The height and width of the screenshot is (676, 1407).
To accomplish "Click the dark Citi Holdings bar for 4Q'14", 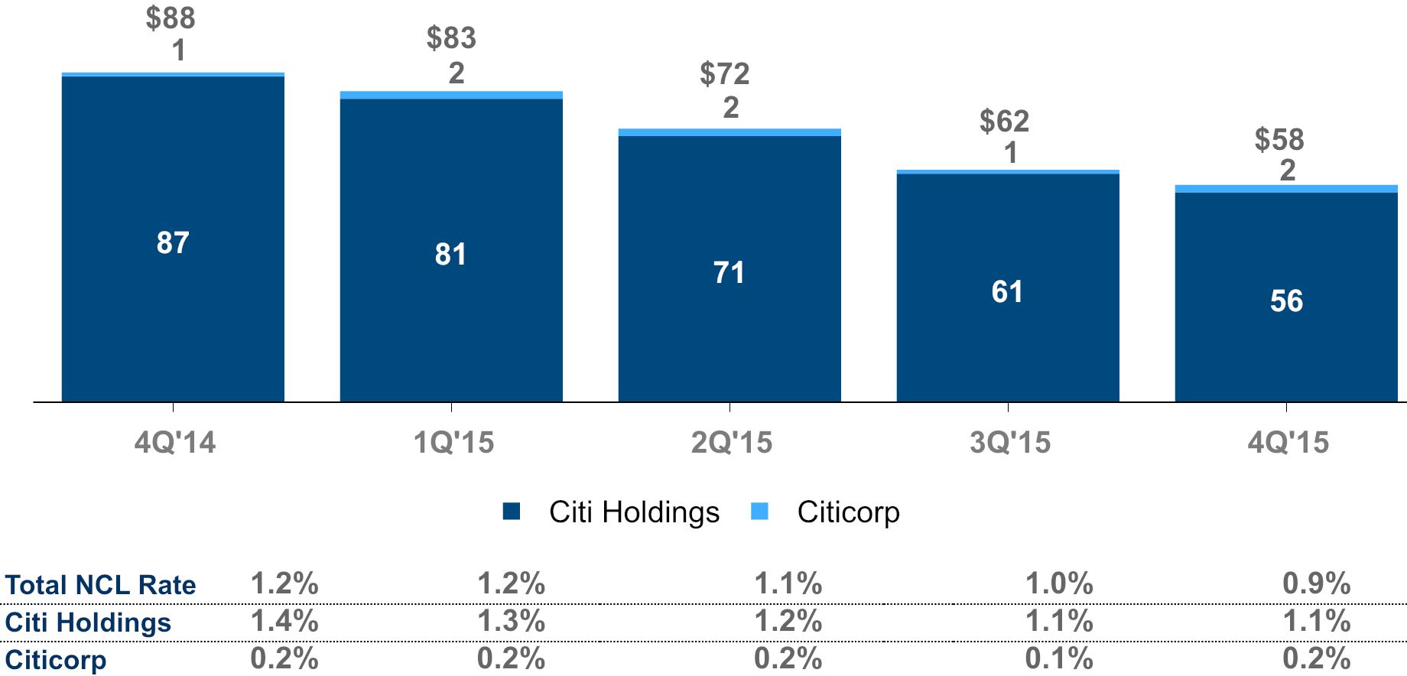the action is (x=173, y=239).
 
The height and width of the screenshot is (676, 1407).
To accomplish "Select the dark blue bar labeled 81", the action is (x=451, y=250).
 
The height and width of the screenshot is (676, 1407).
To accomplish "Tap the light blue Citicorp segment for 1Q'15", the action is (x=451, y=95).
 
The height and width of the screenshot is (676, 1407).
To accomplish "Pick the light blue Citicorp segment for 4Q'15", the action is (x=1286, y=189).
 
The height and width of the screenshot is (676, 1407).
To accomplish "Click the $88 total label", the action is (x=171, y=18).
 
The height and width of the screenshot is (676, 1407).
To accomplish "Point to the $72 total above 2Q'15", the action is (x=724, y=74).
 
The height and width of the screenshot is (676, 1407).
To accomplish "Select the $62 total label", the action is (x=1004, y=121).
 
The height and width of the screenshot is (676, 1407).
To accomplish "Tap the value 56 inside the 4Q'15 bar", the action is (x=1286, y=301).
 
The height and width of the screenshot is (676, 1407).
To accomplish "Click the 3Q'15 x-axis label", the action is (x=1010, y=442).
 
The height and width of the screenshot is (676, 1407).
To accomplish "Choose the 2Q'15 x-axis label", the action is (x=732, y=442).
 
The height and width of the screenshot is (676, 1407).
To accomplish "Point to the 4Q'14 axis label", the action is (x=175, y=442).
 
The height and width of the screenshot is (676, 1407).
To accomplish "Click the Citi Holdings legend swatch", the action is (x=512, y=512).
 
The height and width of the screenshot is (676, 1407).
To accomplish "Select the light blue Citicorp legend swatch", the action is (x=759, y=512).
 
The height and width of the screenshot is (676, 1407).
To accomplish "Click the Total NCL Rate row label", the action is (x=100, y=585).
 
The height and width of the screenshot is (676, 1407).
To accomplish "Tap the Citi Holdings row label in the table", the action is (x=88, y=622).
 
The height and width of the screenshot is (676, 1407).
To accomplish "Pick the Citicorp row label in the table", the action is (x=56, y=659).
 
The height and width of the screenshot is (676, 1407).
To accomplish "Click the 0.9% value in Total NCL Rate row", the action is (x=1317, y=584).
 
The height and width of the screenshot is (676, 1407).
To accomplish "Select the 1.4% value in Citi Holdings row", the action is (x=284, y=621).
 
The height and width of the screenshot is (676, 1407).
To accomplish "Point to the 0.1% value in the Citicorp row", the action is (x=1059, y=658).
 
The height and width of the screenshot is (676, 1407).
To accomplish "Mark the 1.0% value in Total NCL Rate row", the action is (x=1059, y=584).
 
